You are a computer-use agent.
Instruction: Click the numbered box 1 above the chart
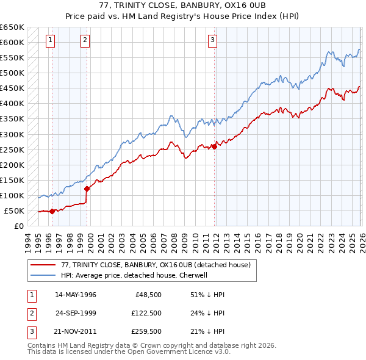click(49, 41)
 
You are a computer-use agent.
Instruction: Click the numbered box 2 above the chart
click(85, 41)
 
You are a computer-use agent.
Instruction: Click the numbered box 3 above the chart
click(212, 41)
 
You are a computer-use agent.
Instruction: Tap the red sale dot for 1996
click(52, 211)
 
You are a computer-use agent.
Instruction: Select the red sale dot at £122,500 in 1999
click(87, 189)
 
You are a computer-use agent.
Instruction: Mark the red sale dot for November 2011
click(215, 146)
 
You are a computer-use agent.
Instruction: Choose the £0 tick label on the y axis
click(20, 226)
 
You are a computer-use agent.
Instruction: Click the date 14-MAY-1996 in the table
click(76, 295)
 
